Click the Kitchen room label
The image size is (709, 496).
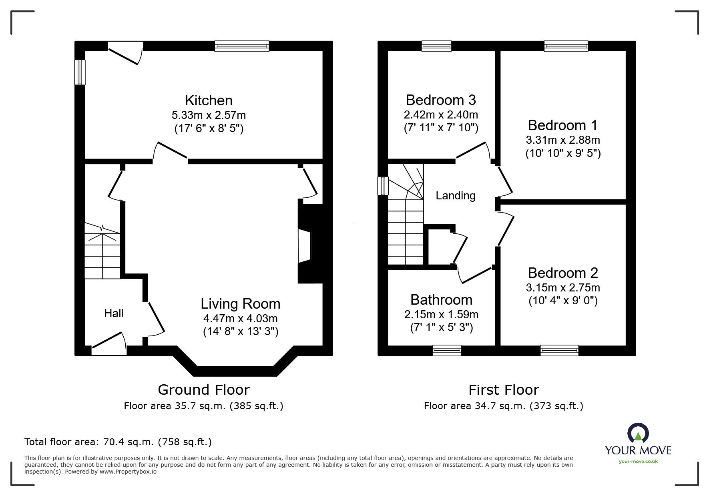(x=209, y=100)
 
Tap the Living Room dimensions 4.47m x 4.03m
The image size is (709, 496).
(x=240, y=319)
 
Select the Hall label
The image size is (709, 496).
(x=114, y=313)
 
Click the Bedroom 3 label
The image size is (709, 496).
(x=441, y=100)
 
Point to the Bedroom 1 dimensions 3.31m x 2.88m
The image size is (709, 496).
(x=562, y=140)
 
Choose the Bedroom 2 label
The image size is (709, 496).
(x=562, y=273)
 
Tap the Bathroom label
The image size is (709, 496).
(x=441, y=300)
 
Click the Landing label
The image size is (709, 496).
(x=455, y=195)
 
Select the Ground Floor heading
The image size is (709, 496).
(x=204, y=390)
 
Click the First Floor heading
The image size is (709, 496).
(x=504, y=390)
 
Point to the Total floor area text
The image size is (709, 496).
(x=118, y=442)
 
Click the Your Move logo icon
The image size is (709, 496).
(x=638, y=433)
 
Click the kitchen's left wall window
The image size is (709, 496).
(x=80, y=72)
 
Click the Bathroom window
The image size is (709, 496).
(x=446, y=351)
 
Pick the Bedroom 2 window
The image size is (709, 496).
(x=559, y=351)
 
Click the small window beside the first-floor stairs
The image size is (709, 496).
(x=383, y=186)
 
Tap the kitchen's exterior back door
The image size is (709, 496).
(x=125, y=53)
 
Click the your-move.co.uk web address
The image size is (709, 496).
(x=638, y=462)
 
